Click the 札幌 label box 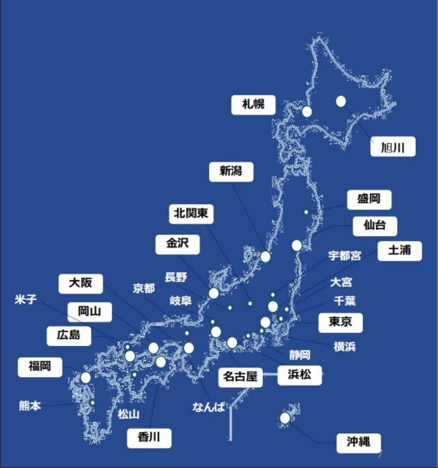click(253, 105)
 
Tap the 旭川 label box click(392, 147)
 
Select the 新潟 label click(231, 171)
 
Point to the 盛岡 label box click(369, 199)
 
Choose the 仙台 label click(375, 225)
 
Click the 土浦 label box click(399, 250)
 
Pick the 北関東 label click(191, 213)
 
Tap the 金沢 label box click(177, 244)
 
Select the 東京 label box click(340, 322)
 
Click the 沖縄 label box click(358, 442)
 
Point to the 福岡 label click(40, 366)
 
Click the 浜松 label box click(299, 374)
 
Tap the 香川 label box click(149, 437)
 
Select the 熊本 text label click(30, 406)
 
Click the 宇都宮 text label click(344, 256)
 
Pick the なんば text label click(208, 407)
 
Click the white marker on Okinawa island click(284, 418)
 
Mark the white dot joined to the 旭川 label click(340, 102)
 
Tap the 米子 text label click(26, 299)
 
